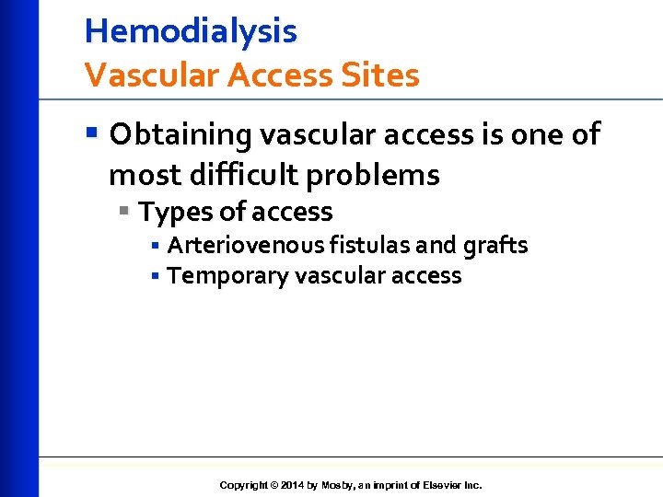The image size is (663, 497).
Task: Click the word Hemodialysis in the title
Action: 191,32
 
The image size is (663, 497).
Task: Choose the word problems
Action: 385,174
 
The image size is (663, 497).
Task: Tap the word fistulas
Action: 378,246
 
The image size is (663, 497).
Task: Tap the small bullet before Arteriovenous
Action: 156,247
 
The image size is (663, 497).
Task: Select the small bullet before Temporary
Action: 156,276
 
